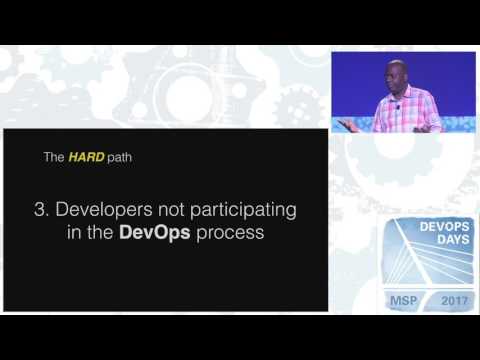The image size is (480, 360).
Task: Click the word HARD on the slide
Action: click(85, 156)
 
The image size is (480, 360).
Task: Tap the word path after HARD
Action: click(120, 156)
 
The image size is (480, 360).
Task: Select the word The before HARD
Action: click(53, 156)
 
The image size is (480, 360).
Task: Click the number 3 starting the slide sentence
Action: click(39, 211)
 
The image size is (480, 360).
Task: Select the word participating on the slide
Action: click(246, 211)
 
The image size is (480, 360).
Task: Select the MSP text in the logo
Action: click(403, 300)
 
